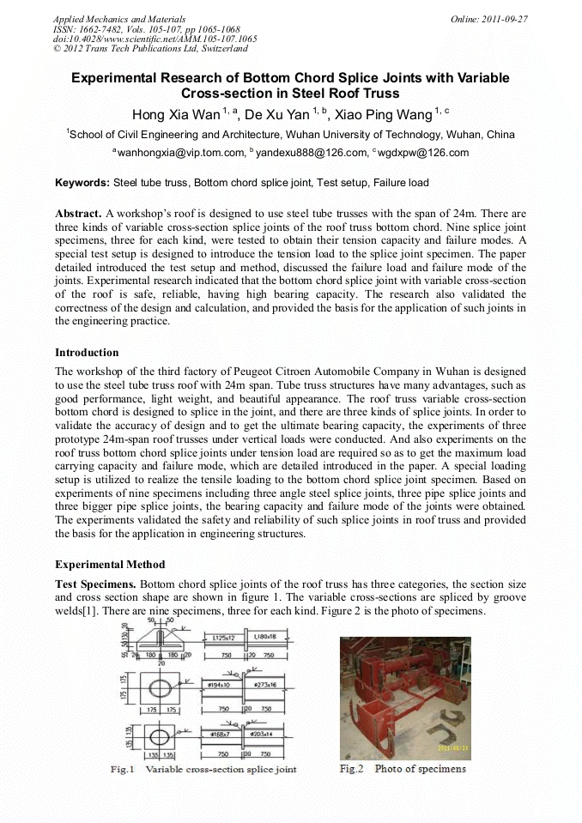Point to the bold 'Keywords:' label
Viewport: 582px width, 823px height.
[x=82, y=183]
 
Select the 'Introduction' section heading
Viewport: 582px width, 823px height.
[x=87, y=353]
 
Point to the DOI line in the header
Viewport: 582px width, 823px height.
[x=155, y=39]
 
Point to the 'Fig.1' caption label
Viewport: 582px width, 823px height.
[x=123, y=769]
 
